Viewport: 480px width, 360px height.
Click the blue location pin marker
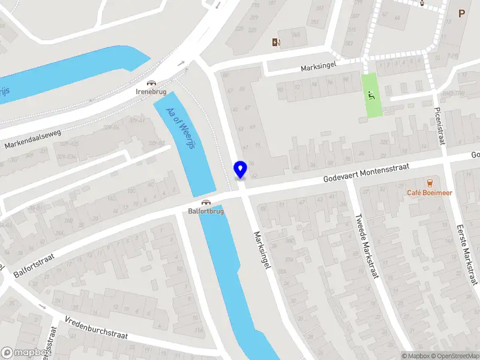(x=240, y=170)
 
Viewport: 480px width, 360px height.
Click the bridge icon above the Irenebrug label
(x=151, y=83)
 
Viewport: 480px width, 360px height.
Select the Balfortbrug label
(x=206, y=211)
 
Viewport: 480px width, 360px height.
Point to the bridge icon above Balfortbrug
(x=206, y=202)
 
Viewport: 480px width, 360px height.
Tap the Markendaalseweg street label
(x=33, y=137)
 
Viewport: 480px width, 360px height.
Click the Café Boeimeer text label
(x=430, y=193)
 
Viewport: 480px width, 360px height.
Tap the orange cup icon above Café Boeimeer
(x=430, y=182)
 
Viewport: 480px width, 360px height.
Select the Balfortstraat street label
(x=34, y=265)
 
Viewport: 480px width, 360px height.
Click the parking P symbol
(x=461, y=13)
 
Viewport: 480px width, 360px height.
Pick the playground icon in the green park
(x=372, y=94)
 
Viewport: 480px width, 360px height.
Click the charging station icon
(x=276, y=42)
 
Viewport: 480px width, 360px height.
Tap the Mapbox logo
(x=24, y=353)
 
